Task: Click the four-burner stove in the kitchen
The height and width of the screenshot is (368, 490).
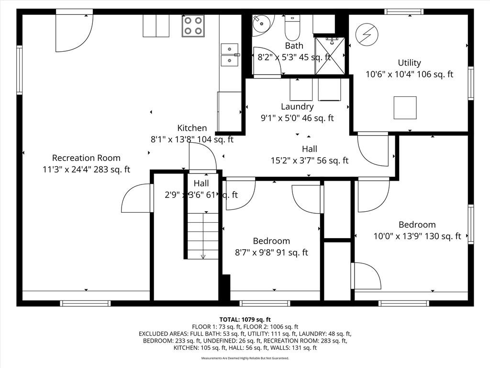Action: click(x=193, y=26)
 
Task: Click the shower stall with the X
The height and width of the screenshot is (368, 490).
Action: click(x=330, y=56)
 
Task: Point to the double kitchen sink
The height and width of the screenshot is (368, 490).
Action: click(x=230, y=55)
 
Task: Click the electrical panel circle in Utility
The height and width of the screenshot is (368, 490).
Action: click(x=367, y=34)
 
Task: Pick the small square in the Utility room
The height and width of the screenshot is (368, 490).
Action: click(x=405, y=108)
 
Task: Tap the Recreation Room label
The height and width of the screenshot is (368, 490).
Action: click(x=86, y=158)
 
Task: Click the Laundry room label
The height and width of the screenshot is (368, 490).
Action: click(x=297, y=107)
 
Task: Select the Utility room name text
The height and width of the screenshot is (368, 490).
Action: click(x=410, y=63)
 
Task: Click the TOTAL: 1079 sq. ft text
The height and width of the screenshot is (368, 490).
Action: click(x=245, y=320)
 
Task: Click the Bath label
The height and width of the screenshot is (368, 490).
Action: click(x=294, y=46)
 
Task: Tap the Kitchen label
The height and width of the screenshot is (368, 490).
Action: click(x=192, y=128)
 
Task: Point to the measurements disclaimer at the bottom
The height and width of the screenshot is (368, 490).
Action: click(x=245, y=358)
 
